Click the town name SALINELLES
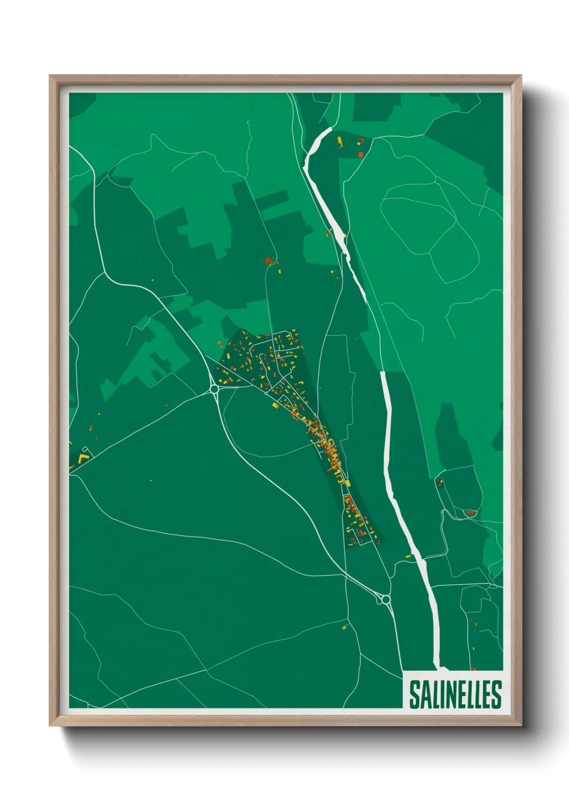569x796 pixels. pos(455,694)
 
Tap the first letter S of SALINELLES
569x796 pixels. pos(415,694)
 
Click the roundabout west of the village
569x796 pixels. pos(214,388)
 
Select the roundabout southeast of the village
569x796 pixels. pos(385,599)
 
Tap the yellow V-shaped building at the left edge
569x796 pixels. pos(82,458)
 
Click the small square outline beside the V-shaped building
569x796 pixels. pos(86,450)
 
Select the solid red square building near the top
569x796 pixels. pos(361,154)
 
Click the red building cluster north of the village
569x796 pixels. pos(269,261)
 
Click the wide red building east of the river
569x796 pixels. pos(471,513)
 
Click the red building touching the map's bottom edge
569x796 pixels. pos(473,669)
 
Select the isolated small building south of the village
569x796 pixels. pos(345,627)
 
